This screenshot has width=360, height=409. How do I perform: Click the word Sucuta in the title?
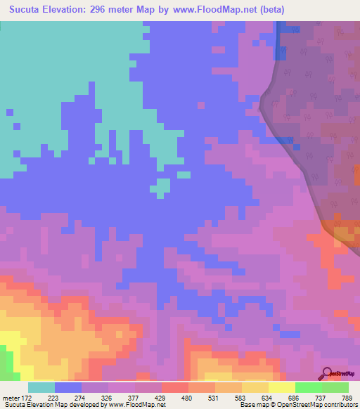pos(30,10)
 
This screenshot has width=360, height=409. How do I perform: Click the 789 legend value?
pos(347,398)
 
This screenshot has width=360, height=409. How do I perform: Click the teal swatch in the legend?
pos(41,387)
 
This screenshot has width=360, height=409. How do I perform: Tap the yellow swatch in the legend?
pos(281,387)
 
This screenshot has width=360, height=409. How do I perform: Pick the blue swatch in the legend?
pos(68,387)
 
